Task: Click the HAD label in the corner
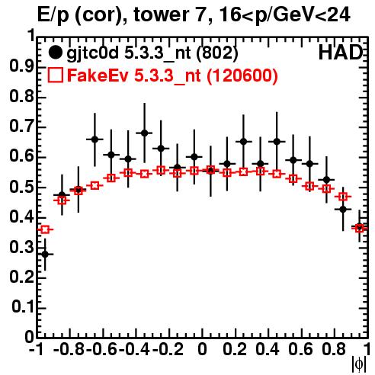point(340,53)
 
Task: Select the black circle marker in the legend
point(55,53)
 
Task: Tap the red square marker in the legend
point(55,75)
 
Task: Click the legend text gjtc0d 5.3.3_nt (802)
point(152,53)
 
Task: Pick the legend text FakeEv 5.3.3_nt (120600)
point(173,75)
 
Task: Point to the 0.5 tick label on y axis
point(21,187)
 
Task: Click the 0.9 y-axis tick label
point(21,67)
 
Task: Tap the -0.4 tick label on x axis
point(136,350)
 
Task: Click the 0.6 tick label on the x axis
point(300,350)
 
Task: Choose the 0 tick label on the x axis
point(202,350)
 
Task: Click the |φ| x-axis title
point(359,365)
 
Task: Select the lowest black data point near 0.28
point(45,254)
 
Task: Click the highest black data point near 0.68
point(144,133)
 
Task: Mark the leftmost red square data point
point(45,229)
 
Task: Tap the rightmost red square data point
point(359,228)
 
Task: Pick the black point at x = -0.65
point(95,139)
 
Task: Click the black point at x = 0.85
point(343,210)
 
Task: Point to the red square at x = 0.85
point(343,197)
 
